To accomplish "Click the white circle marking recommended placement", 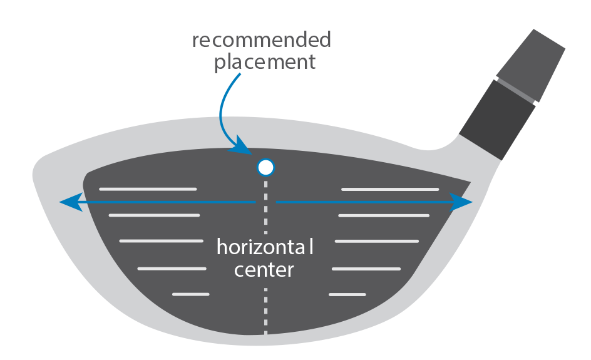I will (266, 167).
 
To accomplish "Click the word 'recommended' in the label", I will (261, 41).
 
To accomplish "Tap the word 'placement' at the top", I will (264, 63).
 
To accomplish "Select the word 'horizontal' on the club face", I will (264, 247).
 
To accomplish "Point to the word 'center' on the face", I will (264, 270).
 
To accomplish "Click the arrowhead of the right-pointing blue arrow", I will (464, 202).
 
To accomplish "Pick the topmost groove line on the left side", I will (148, 189).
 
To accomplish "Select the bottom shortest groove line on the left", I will (190, 294).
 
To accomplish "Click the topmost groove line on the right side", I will (390, 189).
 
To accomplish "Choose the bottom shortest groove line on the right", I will (347, 294).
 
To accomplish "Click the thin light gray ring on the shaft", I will (517, 88).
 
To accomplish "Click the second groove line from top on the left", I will (153, 215).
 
